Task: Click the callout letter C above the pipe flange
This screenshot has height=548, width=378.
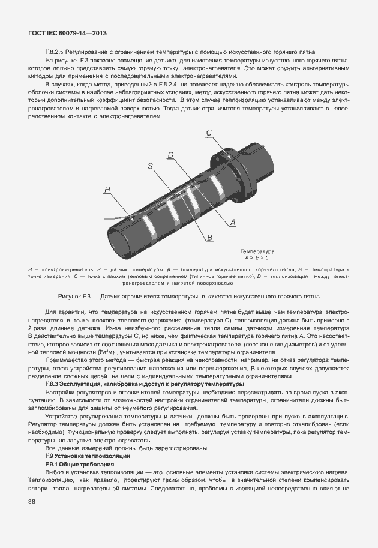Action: (209, 133)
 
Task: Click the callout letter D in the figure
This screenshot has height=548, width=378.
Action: (170, 155)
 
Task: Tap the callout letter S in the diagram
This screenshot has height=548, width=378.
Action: (150, 165)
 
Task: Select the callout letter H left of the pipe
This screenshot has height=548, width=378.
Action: (107, 190)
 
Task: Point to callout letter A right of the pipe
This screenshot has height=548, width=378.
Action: (233, 222)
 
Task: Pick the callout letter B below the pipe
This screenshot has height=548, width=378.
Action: (210, 238)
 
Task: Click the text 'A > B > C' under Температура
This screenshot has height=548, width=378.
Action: (257, 257)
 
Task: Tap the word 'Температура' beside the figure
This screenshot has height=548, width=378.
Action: (257, 251)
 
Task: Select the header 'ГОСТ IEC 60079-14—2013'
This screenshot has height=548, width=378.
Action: (64, 33)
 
